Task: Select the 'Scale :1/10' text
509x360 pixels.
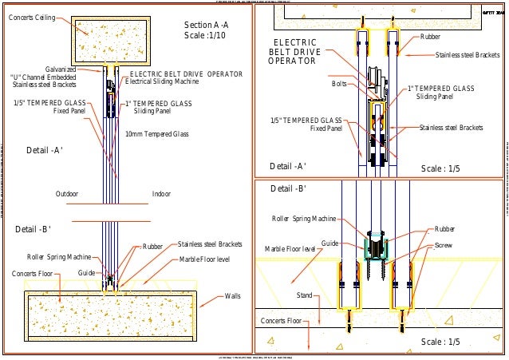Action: coord(205,36)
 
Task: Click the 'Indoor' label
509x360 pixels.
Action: coord(161,194)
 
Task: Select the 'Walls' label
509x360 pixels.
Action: coord(233,296)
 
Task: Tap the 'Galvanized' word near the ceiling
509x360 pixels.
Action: coord(61,69)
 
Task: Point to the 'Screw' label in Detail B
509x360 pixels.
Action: coord(444,247)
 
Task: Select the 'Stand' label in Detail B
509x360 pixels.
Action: coord(305,295)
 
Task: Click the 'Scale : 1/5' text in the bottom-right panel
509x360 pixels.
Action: coord(441,342)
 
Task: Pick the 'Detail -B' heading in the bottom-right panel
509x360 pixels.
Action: coord(289,189)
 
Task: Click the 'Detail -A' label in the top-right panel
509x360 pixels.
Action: coord(288,166)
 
